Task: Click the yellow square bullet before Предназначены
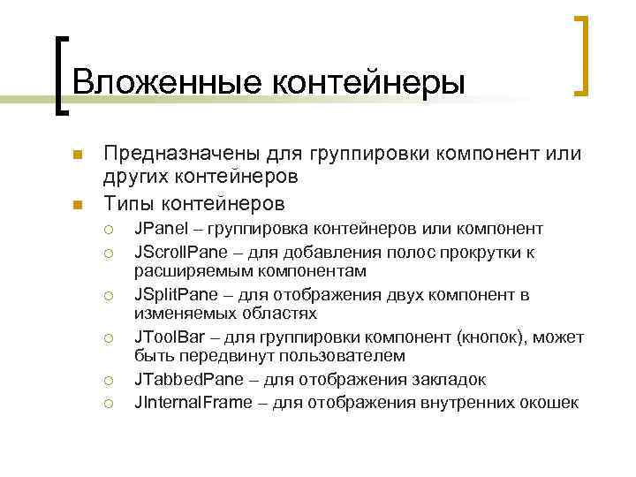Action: pyautogui.click(x=77, y=155)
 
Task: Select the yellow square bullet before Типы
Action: pyautogui.click(x=77, y=206)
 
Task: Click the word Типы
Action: pyautogui.click(x=129, y=204)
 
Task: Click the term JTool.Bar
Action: pyautogui.click(x=169, y=336)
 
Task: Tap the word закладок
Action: pyautogui.click(x=450, y=379)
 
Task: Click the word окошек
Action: pyautogui.click(x=548, y=402)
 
